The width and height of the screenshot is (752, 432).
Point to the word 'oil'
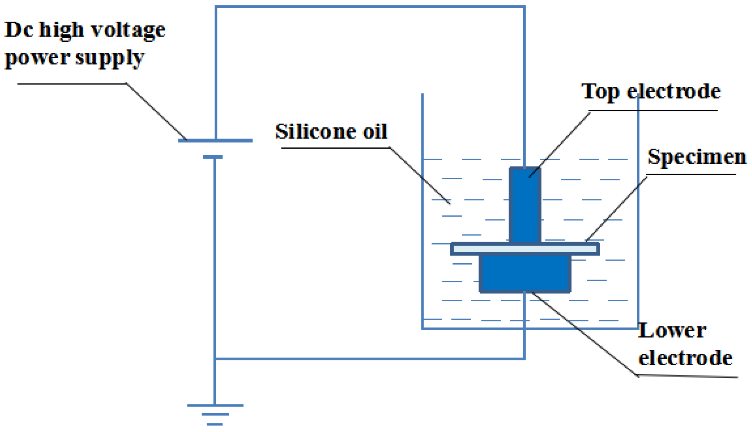coord(375,132)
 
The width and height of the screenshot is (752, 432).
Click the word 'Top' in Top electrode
coord(600,92)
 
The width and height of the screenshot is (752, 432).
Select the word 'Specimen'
coord(697,157)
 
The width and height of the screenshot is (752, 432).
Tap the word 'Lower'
coord(672,330)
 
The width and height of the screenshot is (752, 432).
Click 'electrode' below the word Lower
coord(685,358)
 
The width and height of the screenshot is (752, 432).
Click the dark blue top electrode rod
coord(525,205)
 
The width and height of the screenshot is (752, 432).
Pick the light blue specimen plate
coord(525,249)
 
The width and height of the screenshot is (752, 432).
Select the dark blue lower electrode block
coord(525,273)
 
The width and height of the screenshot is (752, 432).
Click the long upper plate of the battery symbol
coord(215,140)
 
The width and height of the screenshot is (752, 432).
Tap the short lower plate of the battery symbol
coord(213,157)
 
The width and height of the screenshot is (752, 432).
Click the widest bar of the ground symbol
coord(215,405)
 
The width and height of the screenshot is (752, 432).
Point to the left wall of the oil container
coord(422,213)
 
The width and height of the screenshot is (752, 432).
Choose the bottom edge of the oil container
coord(529,328)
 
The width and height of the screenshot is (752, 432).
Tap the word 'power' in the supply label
coord(37,58)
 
